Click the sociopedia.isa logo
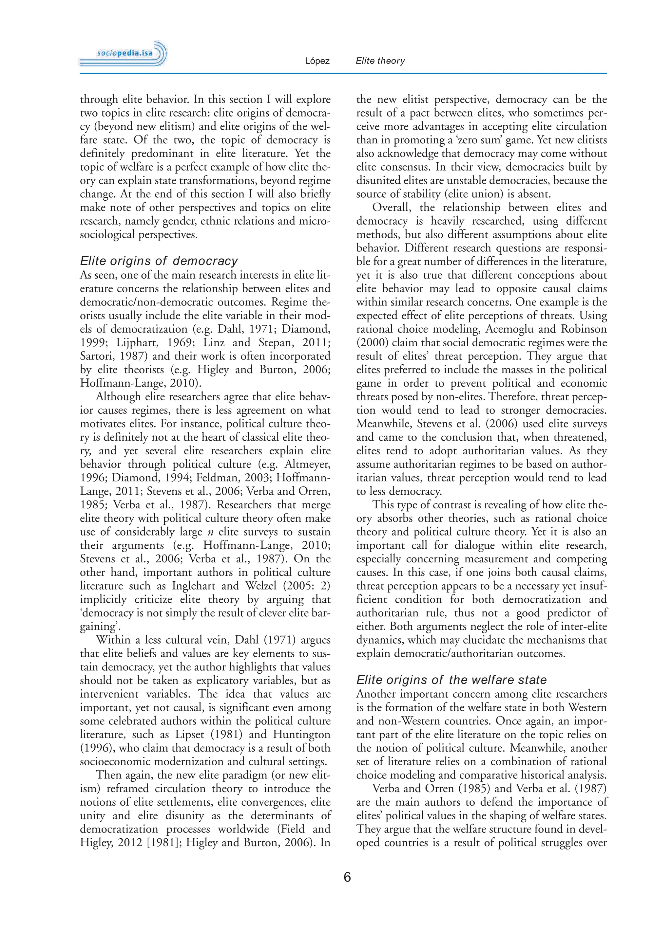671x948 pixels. click(123, 54)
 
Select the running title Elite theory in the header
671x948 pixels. click(380, 61)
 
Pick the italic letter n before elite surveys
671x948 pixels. click(210, 532)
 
